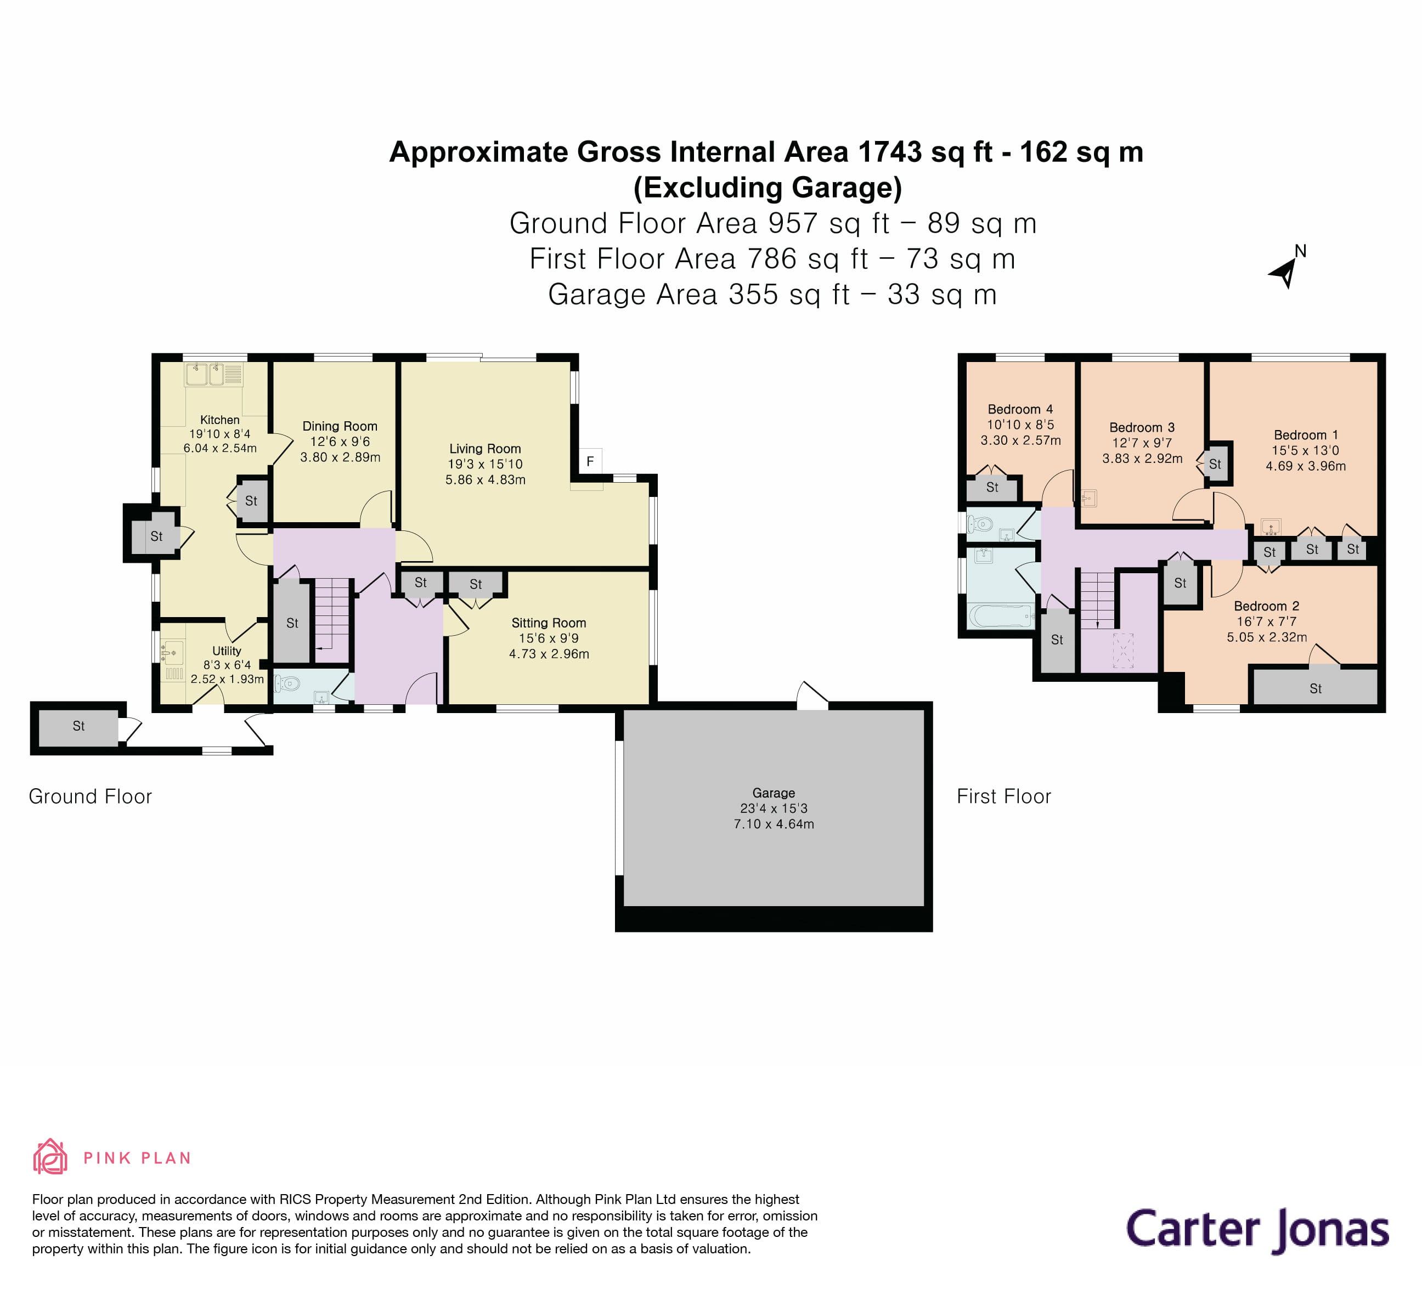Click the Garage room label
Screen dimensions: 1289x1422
point(773,793)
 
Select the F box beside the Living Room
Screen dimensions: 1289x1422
point(590,462)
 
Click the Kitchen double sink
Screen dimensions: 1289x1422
point(205,375)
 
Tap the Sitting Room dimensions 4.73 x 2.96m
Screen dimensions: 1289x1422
point(549,654)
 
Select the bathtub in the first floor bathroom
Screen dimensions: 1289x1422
point(1000,615)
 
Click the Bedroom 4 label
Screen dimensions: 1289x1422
point(1020,409)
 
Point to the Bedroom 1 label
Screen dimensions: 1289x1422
point(1305,435)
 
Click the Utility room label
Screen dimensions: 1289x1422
point(227,651)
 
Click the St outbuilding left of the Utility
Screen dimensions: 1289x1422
point(78,726)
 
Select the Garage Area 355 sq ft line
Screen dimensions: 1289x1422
point(772,295)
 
